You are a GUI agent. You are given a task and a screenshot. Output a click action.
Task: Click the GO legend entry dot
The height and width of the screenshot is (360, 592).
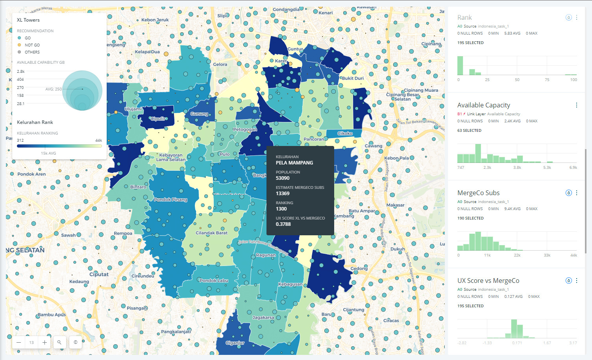pyautogui.click(x=19, y=38)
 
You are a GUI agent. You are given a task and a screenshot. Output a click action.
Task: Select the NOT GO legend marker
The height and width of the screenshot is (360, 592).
pyautogui.click(x=19, y=45)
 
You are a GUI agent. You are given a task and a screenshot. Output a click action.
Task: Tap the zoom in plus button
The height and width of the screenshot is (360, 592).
pyautogui.click(x=44, y=342)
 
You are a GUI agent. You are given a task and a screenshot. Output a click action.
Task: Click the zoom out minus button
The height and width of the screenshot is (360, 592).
pyautogui.click(x=18, y=342)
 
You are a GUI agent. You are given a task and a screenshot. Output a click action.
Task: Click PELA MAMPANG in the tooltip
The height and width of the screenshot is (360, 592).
pyautogui.click(x=294, y=163)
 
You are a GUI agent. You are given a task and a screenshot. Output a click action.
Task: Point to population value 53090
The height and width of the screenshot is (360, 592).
pyautogui.click(x=283, y=178)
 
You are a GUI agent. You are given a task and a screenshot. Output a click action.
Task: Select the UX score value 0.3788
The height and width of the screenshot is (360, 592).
pyautogui.click(x=283, y=224)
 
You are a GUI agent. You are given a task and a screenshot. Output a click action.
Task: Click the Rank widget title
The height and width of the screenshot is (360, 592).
pyautogui.click(x=464, y=18)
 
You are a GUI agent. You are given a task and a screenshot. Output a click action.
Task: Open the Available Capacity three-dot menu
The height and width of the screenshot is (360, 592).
pyautogui.click(x=577, y=105)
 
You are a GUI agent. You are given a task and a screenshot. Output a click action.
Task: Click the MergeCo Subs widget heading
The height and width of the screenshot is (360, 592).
pyautogui.click(x=478, y=193)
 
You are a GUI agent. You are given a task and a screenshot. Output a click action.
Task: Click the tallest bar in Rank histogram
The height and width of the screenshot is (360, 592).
pyautogui.click(x=460, y=66)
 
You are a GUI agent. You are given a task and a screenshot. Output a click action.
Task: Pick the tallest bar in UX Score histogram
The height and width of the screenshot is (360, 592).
pyautogui.click(x=514, y=329)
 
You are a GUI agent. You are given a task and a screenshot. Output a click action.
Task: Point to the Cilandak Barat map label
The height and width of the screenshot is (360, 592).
pyautogui.click(x=211, y=233)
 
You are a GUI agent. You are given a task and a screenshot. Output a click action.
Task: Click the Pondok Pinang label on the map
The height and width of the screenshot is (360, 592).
pyautogui.click(x=170, y=199)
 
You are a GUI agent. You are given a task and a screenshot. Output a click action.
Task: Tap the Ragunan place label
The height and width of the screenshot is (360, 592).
pyautogui.click(x=266, y=255)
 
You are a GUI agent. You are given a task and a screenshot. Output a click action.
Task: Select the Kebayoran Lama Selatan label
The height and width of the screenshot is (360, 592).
pyautogui.click(x=171, y=157)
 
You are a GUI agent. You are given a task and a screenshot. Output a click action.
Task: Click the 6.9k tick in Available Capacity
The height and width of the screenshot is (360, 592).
pyautogui.click(x=573, y=168)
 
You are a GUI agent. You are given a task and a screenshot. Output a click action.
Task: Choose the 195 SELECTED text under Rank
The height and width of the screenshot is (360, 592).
pyautogui.click(x=470, y=43)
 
